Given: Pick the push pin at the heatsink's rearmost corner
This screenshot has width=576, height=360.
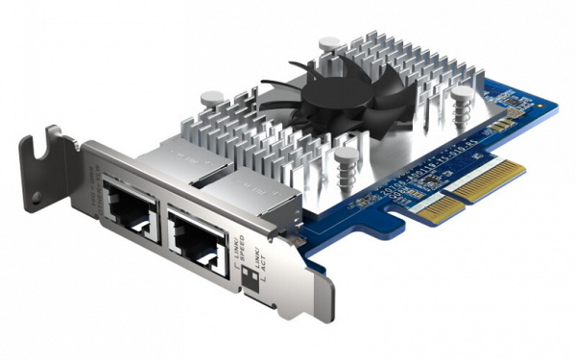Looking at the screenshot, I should point(329,44).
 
